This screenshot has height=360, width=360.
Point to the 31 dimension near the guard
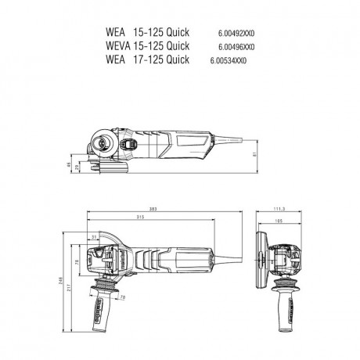(x=93, y=237)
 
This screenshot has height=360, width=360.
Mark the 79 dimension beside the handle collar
(x=121, y=297)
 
